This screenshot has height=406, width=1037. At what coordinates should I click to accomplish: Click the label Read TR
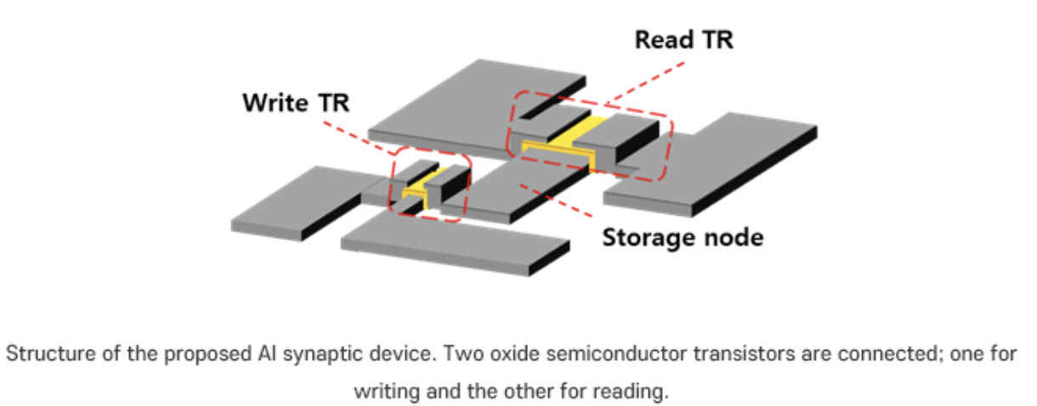coord(683,39)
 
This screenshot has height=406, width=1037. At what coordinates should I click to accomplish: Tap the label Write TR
coord(296,104)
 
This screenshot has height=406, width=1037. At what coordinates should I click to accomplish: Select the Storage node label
coord(683,237)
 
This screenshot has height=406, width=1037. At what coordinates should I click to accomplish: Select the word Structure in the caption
coord(39,354)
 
